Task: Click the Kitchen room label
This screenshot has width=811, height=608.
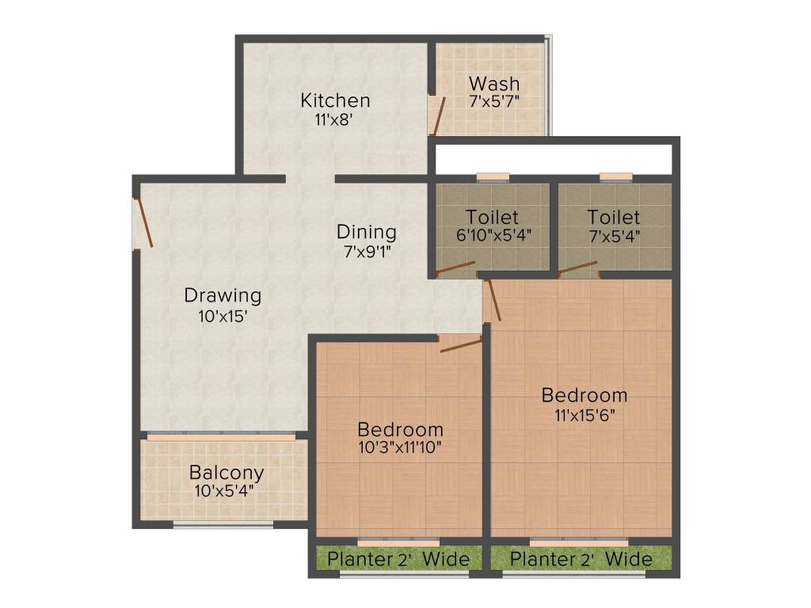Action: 335,101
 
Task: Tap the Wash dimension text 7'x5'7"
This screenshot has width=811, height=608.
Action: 493,101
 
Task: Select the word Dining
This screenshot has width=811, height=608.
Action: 366,232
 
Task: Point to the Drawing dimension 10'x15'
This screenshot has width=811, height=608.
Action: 223,316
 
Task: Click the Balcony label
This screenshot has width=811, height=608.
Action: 227,473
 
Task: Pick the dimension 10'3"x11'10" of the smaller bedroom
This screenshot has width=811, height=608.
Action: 399,447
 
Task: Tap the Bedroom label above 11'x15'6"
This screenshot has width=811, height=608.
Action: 584,394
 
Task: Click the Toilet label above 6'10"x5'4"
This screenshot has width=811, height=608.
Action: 492,217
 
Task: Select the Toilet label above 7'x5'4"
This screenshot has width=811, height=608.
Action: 614,217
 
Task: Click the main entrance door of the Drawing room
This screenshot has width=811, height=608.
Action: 144,222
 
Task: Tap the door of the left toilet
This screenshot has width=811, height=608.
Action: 455,268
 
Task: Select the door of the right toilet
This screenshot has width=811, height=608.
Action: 577,268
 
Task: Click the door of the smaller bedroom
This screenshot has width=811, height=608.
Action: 460,344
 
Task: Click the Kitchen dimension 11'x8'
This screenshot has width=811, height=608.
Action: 333,120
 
